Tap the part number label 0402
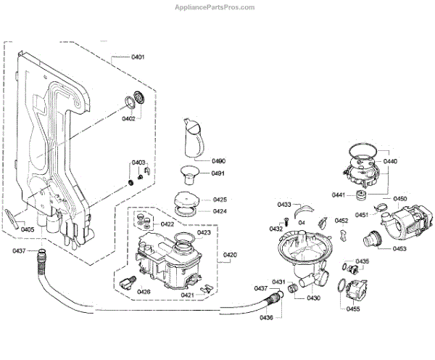point(128,118)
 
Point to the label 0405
point(28,229)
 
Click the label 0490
point(218,161)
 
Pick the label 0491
point(218,173)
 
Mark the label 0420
point(230,255)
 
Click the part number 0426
point(144,292)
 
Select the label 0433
point(284,205)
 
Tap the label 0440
point(391,161)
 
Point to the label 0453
point(400,249)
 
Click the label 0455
point(353,309)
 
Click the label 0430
point(313,298)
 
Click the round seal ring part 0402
point(136,99)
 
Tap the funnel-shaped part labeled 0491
point(191,175)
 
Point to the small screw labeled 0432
point(286,220)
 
